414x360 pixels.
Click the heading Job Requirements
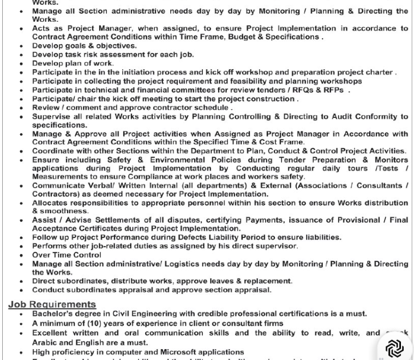click(x=52, y=304)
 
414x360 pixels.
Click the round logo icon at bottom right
click(x=394, y=347)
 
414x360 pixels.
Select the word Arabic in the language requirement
click(x=45, y=343)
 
